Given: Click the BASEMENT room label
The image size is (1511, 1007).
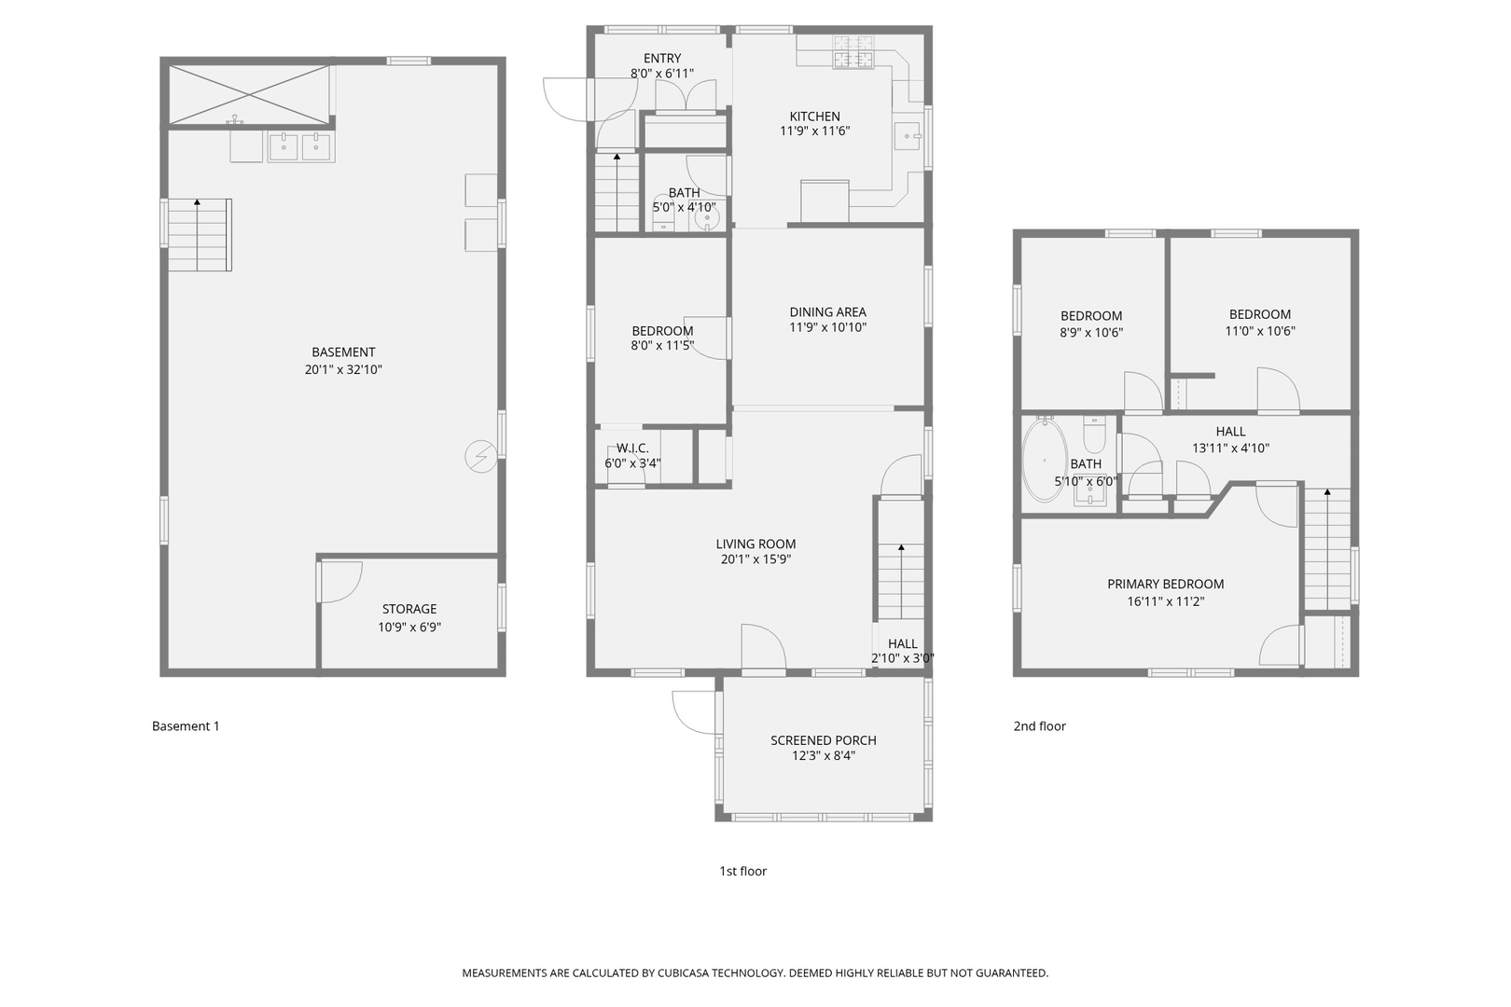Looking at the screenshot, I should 343,352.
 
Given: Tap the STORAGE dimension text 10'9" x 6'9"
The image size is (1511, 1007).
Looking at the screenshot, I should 409,628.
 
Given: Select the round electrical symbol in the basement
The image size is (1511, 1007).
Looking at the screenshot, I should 481,457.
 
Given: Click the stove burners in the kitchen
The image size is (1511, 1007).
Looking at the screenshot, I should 853,52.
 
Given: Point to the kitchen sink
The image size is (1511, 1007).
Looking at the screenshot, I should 907,136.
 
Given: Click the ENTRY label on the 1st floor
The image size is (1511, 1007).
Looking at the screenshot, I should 662,58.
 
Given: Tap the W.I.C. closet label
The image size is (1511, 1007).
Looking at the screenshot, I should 632,448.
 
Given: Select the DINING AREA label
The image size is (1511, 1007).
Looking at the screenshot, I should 827,312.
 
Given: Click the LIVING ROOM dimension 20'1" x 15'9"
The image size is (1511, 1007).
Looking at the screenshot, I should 755,559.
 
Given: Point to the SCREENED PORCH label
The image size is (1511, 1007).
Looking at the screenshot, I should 823,740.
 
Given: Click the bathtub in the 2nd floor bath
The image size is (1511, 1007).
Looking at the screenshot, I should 1045,460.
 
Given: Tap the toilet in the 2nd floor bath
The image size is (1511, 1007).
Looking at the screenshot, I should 1094,434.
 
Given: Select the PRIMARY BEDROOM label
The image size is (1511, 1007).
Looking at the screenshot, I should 1165,585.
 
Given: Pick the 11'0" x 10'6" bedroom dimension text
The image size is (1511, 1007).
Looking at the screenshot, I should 1259,331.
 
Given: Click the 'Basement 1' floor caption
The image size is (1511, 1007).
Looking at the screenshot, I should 186,726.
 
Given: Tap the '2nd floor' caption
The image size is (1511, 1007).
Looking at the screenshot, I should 1039,726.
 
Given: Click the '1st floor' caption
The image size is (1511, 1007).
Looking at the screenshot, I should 742,871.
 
